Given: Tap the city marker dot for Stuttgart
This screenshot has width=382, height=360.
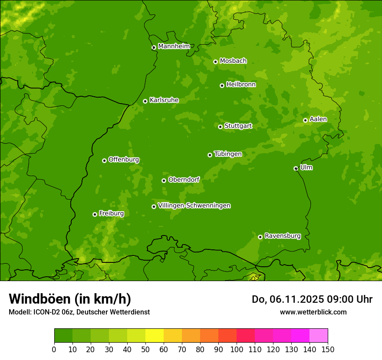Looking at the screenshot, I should click(x=220, y=127).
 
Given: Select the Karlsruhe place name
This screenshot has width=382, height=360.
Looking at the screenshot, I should click(x=164, y=100).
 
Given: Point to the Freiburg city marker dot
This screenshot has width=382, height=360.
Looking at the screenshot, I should click(x=95, y=214).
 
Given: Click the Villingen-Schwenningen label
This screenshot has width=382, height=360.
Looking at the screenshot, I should click(x=194, y=206).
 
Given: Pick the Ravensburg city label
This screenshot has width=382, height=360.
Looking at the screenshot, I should click(x=282, y=236).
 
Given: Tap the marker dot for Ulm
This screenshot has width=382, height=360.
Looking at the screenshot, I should click(x=296, y=168).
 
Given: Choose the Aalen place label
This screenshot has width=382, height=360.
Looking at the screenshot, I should click(x=318, y=119).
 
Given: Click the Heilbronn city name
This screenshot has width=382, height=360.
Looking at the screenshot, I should click(x=241, y=85).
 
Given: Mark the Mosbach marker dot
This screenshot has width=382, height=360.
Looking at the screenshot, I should click(x=215, y=62).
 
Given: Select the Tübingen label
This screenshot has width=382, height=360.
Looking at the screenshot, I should click(x=228, y=154).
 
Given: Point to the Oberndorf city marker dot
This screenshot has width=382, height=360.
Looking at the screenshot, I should click(x=164, y=180).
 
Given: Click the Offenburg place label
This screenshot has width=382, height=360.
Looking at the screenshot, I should click(x=124, y=160).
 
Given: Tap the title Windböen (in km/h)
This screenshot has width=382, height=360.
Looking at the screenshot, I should click(x=69, y=299).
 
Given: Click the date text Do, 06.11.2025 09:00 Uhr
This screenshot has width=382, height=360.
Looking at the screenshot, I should click(x=312, y=299).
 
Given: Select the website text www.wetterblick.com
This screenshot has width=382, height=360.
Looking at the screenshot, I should click(x=313, y=312).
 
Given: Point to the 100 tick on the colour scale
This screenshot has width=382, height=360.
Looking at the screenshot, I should click(x=237, y=349).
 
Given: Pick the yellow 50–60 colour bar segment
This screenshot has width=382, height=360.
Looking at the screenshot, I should click(x=155, y=336).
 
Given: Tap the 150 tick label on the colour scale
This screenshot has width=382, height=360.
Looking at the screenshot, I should click(x=328, y=349).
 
